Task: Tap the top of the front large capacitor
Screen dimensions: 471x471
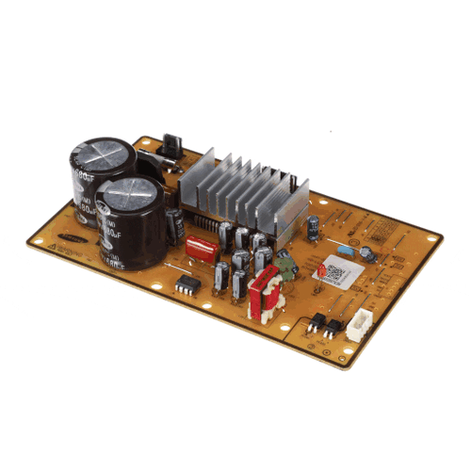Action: coord(131,196)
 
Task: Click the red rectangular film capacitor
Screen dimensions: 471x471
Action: coord(201,248)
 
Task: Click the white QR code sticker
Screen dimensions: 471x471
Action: coord(333,272)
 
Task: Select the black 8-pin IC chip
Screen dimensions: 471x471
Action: coord(188,284)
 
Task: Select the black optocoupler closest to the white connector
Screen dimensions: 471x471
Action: coord(333,326)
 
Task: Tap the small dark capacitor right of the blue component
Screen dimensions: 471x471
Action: coord(368,254)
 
